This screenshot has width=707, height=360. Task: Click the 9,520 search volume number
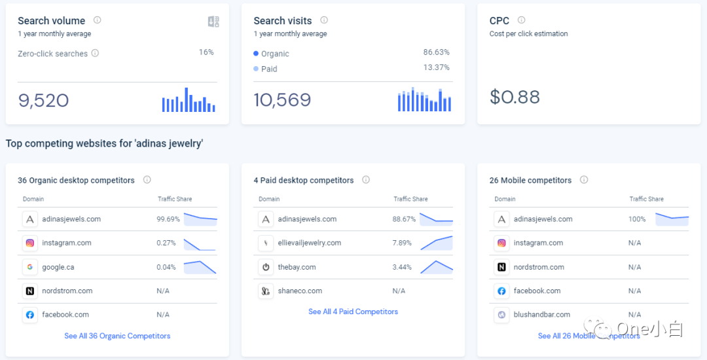43,100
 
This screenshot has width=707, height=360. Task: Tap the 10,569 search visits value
282,100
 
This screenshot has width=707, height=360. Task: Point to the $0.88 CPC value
515,97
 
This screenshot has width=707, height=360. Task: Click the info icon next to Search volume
98,20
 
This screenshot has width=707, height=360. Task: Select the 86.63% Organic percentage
436,52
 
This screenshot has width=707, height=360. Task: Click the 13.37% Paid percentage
436,67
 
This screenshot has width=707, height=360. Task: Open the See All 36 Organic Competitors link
117,336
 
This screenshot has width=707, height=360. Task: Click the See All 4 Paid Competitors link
353,312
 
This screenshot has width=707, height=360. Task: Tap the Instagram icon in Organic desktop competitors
29,243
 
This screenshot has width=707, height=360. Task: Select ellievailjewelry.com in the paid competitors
309,243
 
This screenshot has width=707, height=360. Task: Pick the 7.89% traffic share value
402,243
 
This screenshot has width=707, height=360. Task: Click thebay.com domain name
297,267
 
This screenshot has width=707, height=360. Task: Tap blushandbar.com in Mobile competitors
541,315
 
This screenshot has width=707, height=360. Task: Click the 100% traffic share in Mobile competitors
637,219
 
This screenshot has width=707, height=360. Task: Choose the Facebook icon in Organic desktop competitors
29,315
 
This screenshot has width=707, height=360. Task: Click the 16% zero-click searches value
206,52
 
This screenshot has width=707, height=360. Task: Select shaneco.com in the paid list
300,291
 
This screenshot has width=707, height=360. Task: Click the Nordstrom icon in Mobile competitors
501,267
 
